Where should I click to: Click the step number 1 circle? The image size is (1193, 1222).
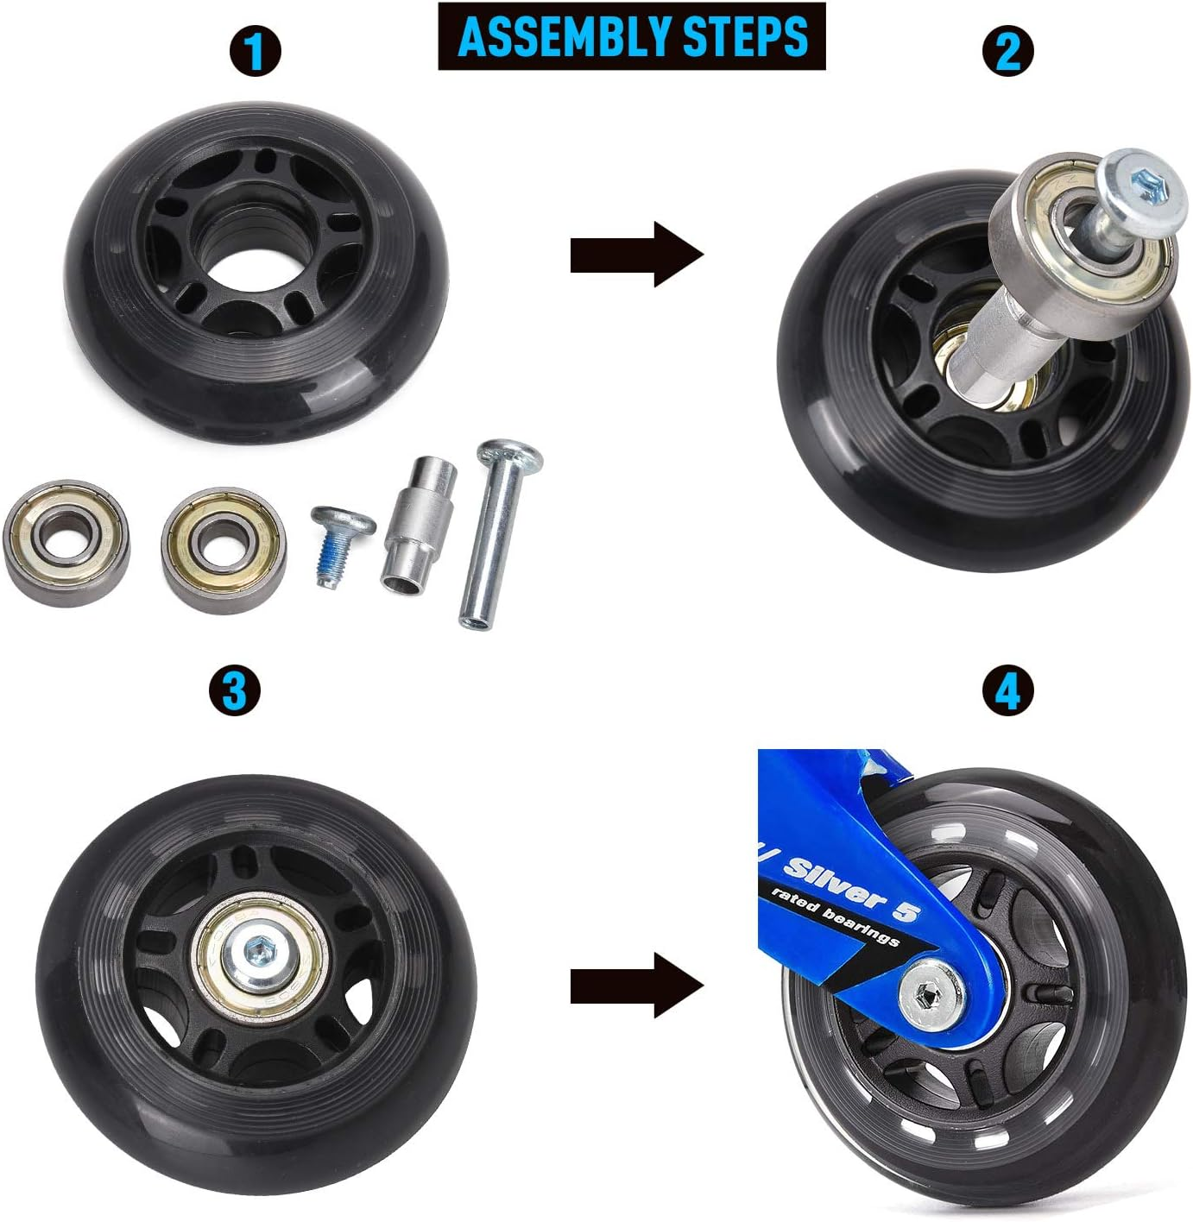coord(256,51)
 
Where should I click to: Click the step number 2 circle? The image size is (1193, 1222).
coord(1008,51)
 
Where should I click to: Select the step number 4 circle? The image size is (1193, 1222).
coord(1008,691)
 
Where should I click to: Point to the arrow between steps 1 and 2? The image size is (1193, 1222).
coord(637,255)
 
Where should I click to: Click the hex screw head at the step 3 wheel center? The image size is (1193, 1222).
coord(256,953)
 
